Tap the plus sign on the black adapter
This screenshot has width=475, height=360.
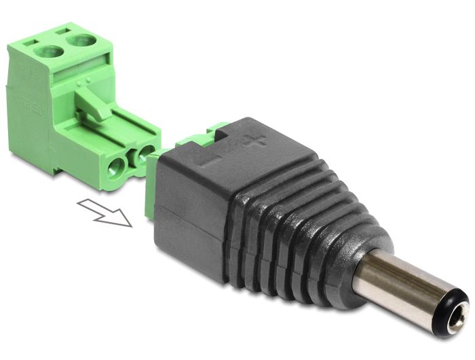(x=255, y=141)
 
